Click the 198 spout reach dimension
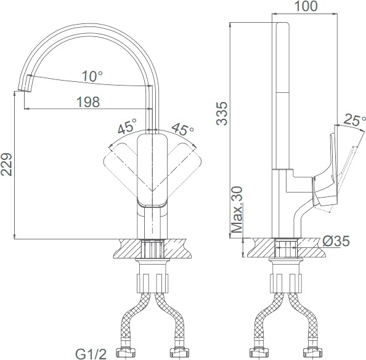[x=88, y=102]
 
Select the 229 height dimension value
[x=6, y=164]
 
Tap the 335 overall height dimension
[x=222, y=114]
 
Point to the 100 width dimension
[x=306, y=6]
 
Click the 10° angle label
[x=92, y=76]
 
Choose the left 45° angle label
[x=127, y=126]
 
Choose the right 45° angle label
[x=182, y=129]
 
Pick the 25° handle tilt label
[x=354, y=120]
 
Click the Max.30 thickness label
[x=237, y=210]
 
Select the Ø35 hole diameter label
[x=336, y=241]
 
